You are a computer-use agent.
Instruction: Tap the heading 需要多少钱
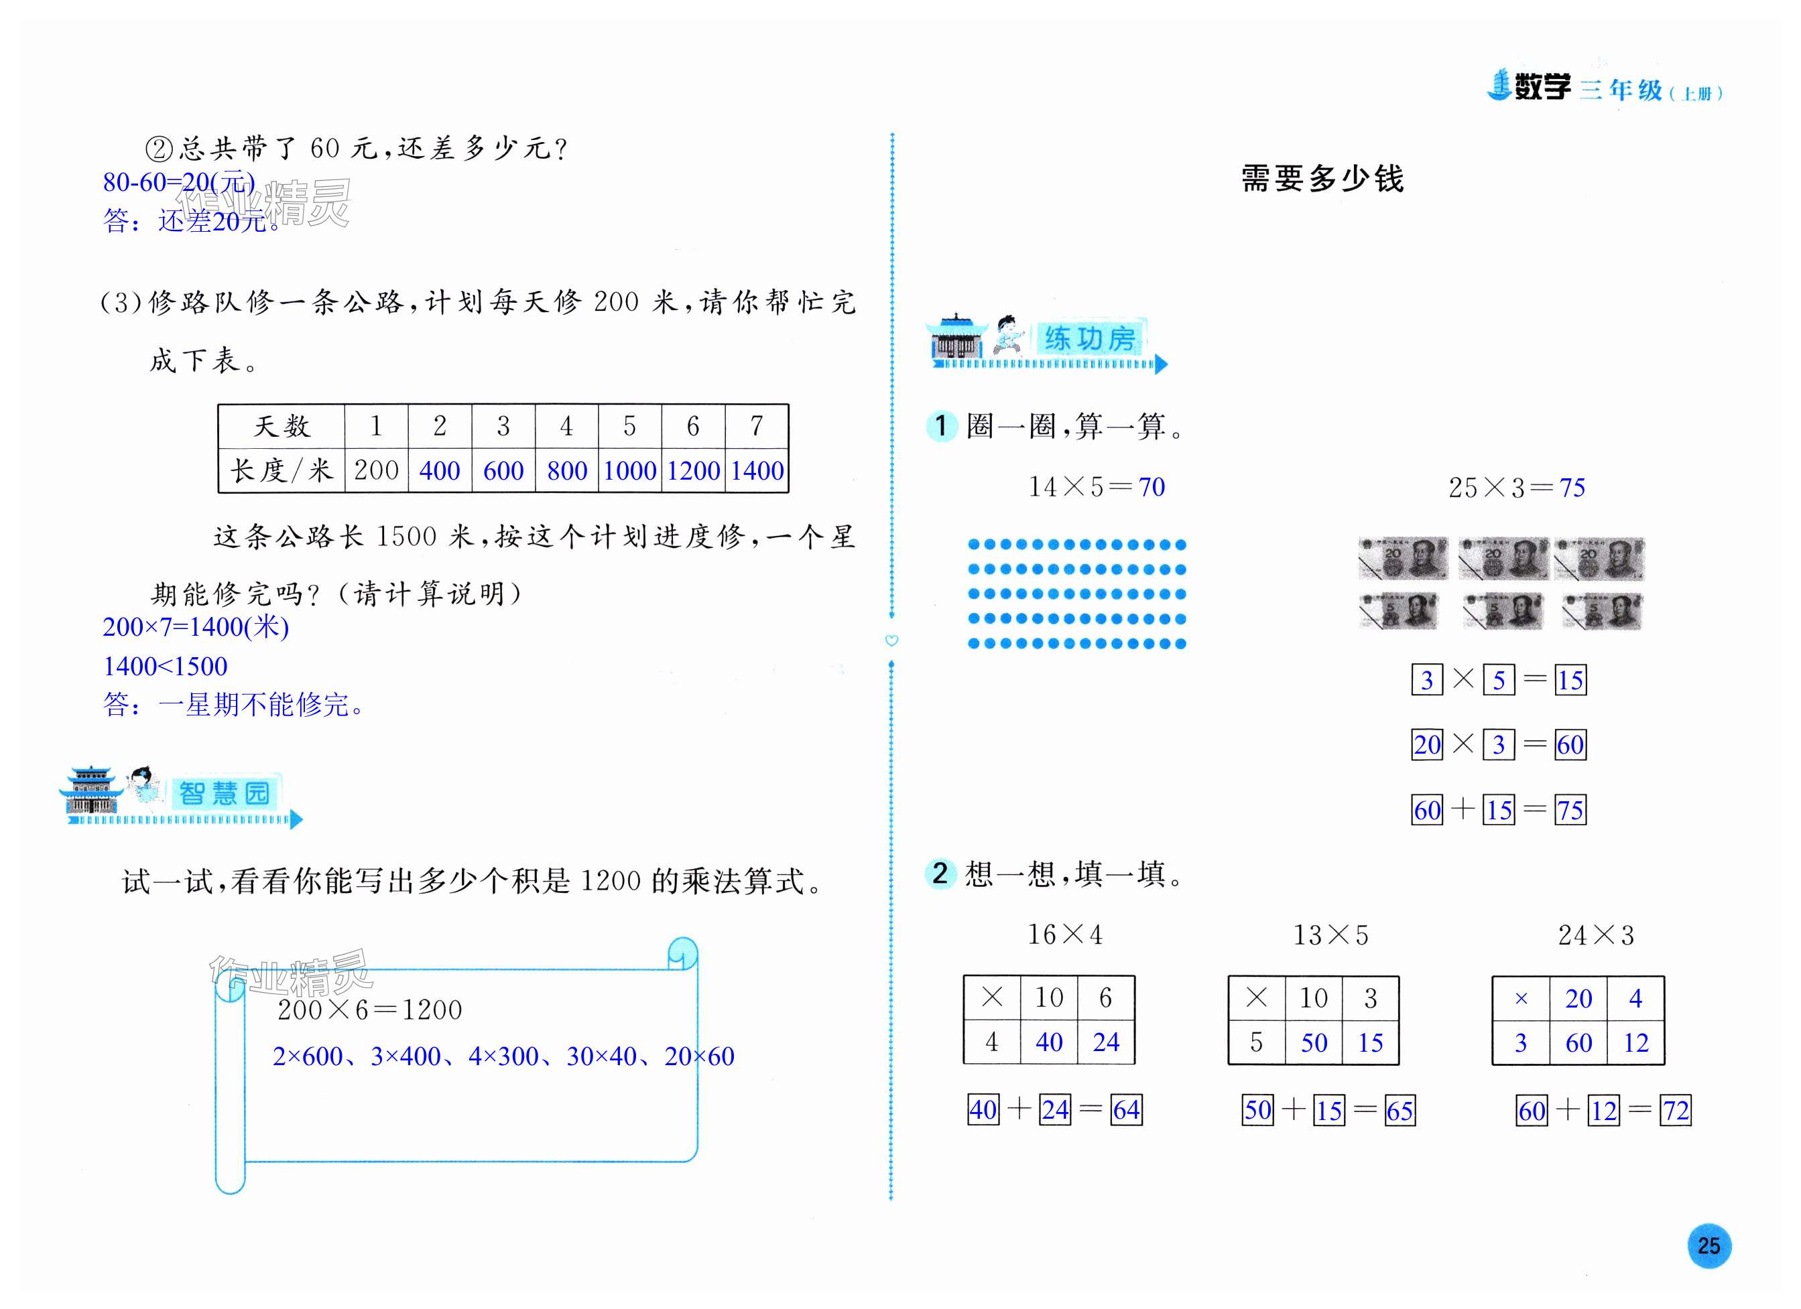(x=1322, y=179)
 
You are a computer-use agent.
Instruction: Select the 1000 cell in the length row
(x=630, y=471)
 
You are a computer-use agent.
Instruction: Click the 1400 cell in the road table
(x=757, y=471)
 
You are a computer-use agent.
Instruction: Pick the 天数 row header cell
(x=281, y=426)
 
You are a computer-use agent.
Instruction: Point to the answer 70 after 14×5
(x=1152, y=486)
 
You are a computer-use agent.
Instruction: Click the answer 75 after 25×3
(x=1572, y=488)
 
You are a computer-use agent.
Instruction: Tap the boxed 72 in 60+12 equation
(x=1676, y=1110)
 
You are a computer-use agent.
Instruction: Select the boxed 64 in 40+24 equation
(x=1126, y=1109)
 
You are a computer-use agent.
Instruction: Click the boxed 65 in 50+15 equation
(x=1400, y=1110)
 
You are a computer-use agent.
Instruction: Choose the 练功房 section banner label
(x=1089, y=339)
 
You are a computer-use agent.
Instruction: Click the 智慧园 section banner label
(x=224, y=793)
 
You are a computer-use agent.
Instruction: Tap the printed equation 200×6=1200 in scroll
(x=369, y=1010)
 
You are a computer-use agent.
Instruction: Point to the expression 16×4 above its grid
(x=1065, y=935)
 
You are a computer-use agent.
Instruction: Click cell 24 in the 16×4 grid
(x=1105, y=1042)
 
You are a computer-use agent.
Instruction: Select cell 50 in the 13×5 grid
(x=1314, y=1042)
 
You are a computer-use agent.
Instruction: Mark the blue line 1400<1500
(x=165, y=666)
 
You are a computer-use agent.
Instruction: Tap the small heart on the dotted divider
(x=891, y=640)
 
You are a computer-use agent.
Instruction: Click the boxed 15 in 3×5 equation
(x=1570, y=679)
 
